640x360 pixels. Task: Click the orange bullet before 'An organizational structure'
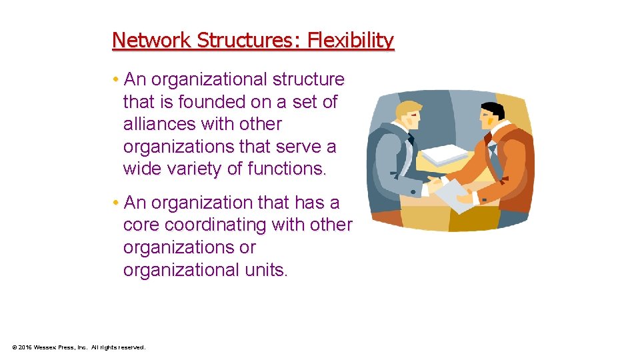116,80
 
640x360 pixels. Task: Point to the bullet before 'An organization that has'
116,203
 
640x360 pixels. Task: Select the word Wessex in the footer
49,347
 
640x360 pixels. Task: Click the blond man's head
409,117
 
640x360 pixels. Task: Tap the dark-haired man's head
492,117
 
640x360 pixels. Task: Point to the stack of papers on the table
445,155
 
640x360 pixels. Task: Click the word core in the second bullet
141,225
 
